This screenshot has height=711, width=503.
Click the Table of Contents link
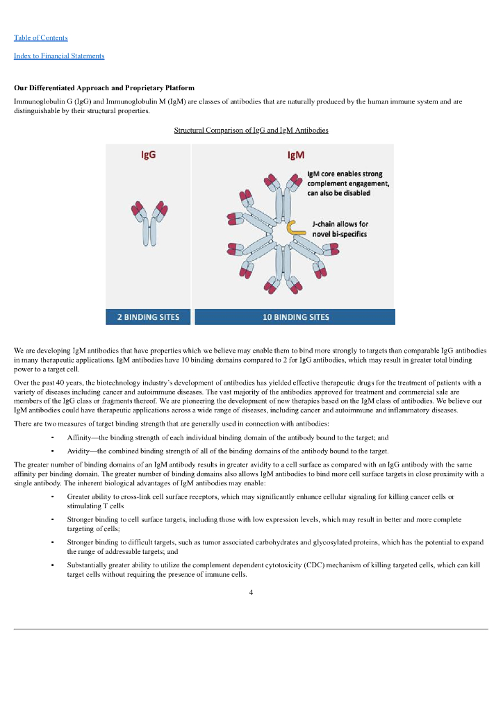pyautogui.click(x=41, y=37)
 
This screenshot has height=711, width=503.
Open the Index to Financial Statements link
pyautogui.click(x=59, y=56)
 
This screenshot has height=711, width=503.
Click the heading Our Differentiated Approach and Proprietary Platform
pyautogui.click(x=104, y=88)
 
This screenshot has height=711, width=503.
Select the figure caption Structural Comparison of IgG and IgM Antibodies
pyautogui.click(x=251, y=130)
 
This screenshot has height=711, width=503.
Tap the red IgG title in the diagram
pyautogui.click(x=148, y=155)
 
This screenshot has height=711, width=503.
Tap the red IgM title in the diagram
pyautogui.click(x=297, y=155)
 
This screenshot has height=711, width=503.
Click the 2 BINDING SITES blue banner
pyautogui.click(x=148, y=317)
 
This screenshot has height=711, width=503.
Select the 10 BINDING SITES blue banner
pyautogui.click(x=295, y=317)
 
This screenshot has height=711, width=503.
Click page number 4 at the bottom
pyautogui.click(x=251, y=592)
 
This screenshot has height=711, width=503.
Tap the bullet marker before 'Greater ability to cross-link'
pyautogui.click(x=53, y=497)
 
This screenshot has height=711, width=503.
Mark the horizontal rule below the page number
pyautogui.click(x=251, y=629)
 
